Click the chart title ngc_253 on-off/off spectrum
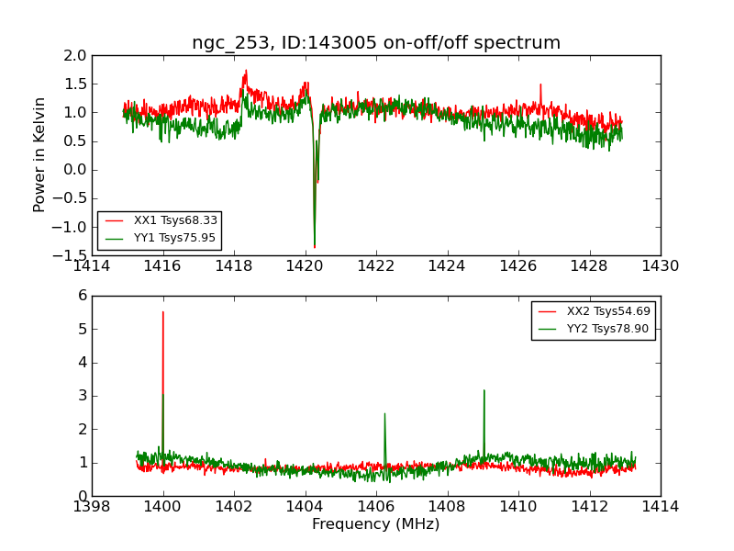(x=376, y=43)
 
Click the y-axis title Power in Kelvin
(x=39, y=154)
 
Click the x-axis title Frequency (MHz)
(x=376, y=524)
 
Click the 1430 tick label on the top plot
(x=661, y=266)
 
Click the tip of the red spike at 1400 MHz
(x=163, y=312)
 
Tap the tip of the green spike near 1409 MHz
(x=484, y=390)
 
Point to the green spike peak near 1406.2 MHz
(x=384, y=413)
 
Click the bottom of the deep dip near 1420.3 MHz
(x=315, y=247)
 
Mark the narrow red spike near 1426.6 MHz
(x=540, y=84)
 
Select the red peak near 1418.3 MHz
(x=246, y=71)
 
